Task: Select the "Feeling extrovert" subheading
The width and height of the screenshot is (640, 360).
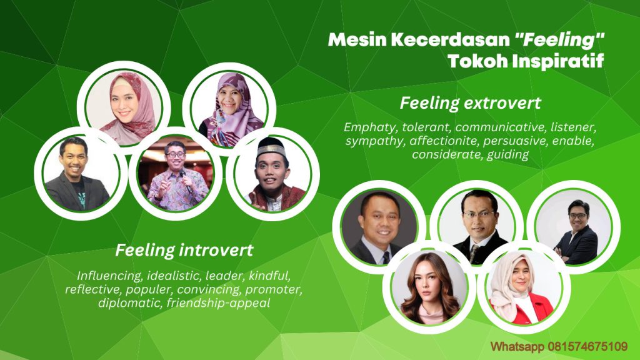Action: coord(470,102)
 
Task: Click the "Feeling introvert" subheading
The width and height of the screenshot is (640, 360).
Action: coord(184,251)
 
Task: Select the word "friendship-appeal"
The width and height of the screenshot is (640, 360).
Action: coord(229,303)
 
